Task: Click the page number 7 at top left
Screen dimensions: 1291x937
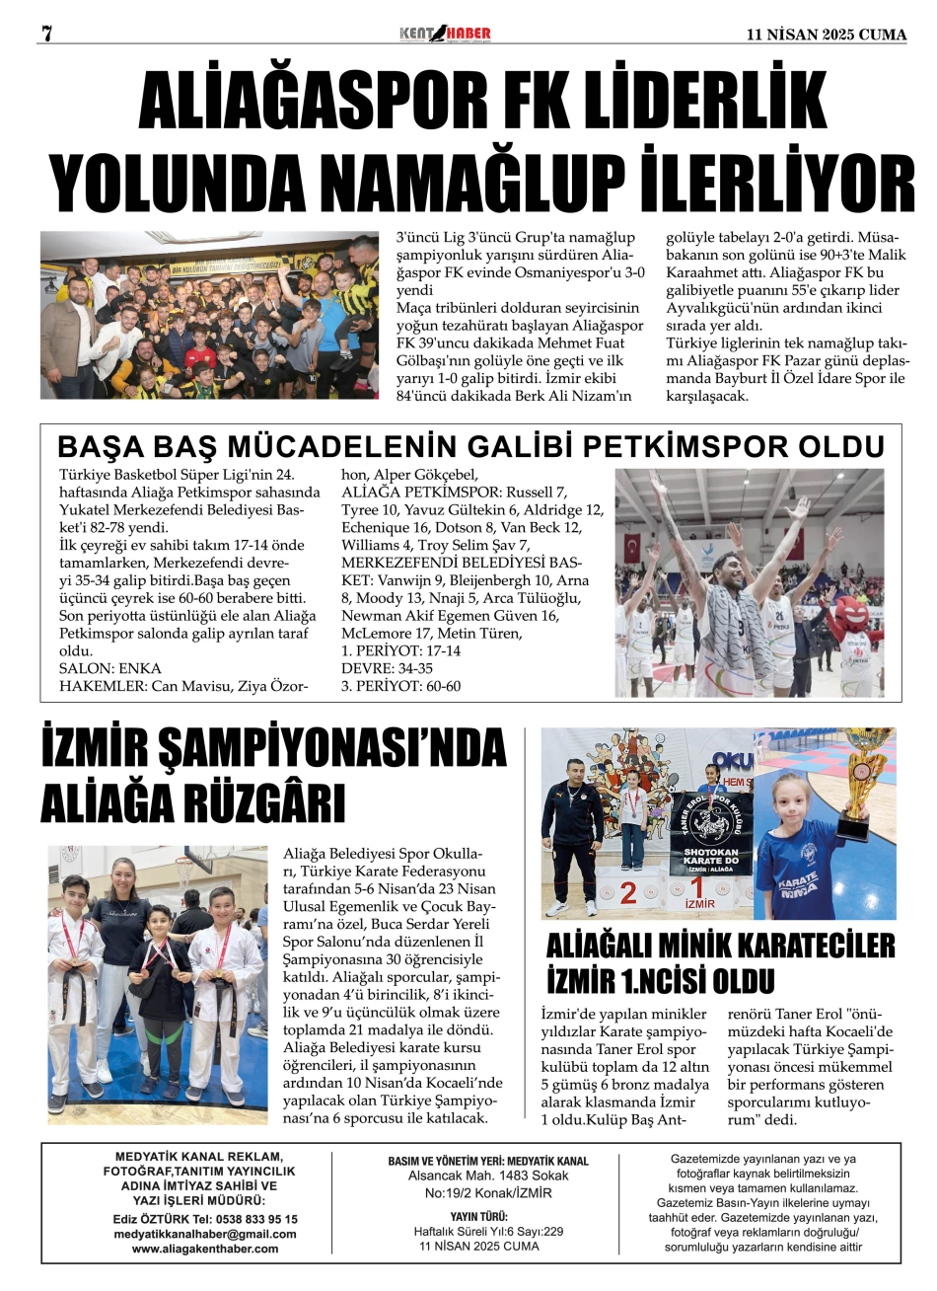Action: click(x=45, y=34)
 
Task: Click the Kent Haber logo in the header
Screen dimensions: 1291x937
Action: click(x=445, y=34)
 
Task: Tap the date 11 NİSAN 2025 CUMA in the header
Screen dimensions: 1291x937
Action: click(x=827, y=35)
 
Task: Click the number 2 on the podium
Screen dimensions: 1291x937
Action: click(x=628, y=892)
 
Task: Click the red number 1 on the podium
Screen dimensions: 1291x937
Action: click(x=698, y=885)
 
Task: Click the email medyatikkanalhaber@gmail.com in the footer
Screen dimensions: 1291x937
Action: click(x=205, y=1234)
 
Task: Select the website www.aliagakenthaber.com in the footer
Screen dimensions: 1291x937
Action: click(x=205, y=1249)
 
